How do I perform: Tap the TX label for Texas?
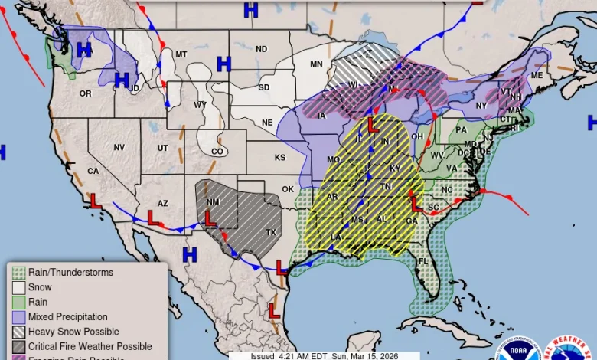[x=271, y=232]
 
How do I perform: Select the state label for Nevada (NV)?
[x=119, y=147]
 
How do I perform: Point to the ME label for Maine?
[x=536, y=75]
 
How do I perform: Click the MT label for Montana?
[x=181, y=54]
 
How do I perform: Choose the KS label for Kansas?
[x=280, y=158]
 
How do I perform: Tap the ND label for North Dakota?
[x=261, y=49]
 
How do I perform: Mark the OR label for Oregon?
[x=85, y=93]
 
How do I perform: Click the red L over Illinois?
[x=373, y=123]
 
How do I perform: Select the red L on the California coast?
[x=96, y=201]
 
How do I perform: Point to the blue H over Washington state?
[x=84, y=50]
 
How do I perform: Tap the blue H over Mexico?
[x=189, y=253]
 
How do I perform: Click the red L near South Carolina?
[x=417, y=205]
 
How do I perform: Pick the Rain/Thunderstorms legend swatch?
[x=18, y=273]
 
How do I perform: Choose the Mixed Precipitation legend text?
[x=67, y=317]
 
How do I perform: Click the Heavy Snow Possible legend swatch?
[x=18, y=332]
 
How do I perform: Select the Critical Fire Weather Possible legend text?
[x=90, y=346]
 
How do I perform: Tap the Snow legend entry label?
[x=40, y=287]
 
